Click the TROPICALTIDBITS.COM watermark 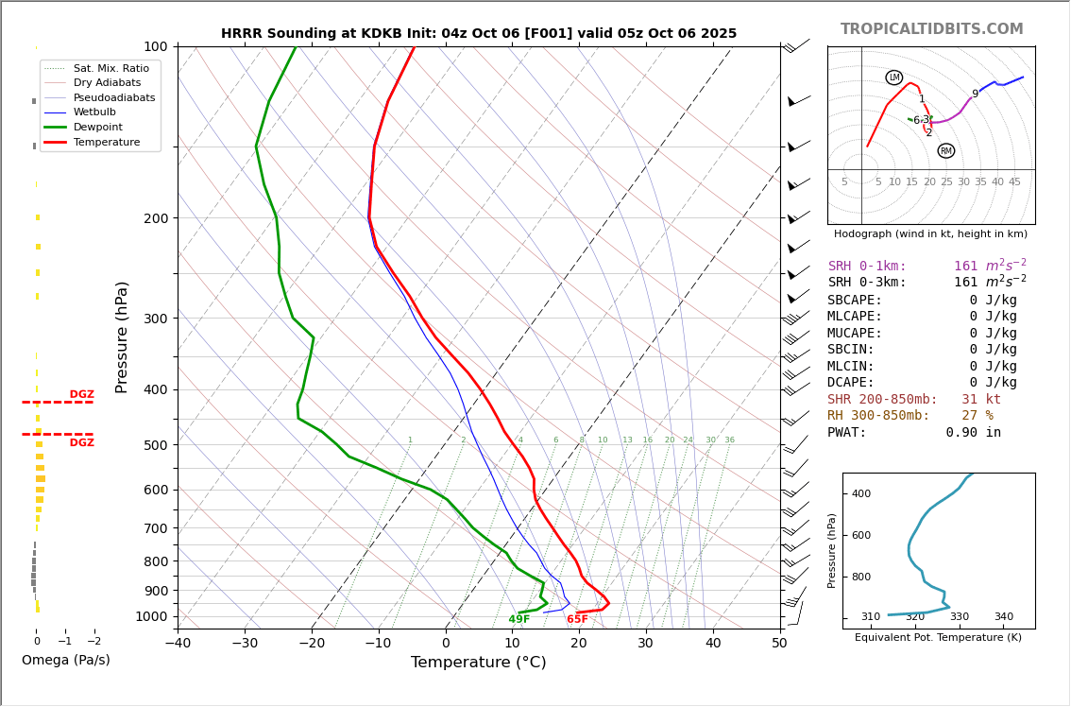pyautogui.click(x=931, y=29)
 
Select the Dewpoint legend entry pyautogui.click(x=98, y=127)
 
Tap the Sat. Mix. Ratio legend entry pyautogui.click(x=110, y=68)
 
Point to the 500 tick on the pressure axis pyautogui.click(x=154, y=445)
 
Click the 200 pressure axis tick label pyautogui.click(x=154, y=218)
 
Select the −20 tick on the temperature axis pyautogui.click(x=312, y=644)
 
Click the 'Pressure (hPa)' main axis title pyautogui.click(x=122, y=336)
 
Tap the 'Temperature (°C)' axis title pyautogui.click(x=478, y=663)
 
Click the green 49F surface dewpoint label pyautogui.click(x=518, y=620)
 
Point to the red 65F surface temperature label pyautogui.click(x=577, y=620)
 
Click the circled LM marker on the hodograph pyautogui.click(x=893, y=78)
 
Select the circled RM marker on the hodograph pyautogui.click(x=945, y=151)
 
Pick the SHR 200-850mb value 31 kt pyautogui.click(x=980, y=400)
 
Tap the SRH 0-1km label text pyautogui.click(x=866, y=267)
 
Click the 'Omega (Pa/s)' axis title pyautogui.click(x=66, y=661)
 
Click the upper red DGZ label pyautogui.click(x=81, y=395)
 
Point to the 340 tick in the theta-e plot pyautogui.click(x=1003, y=617)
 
